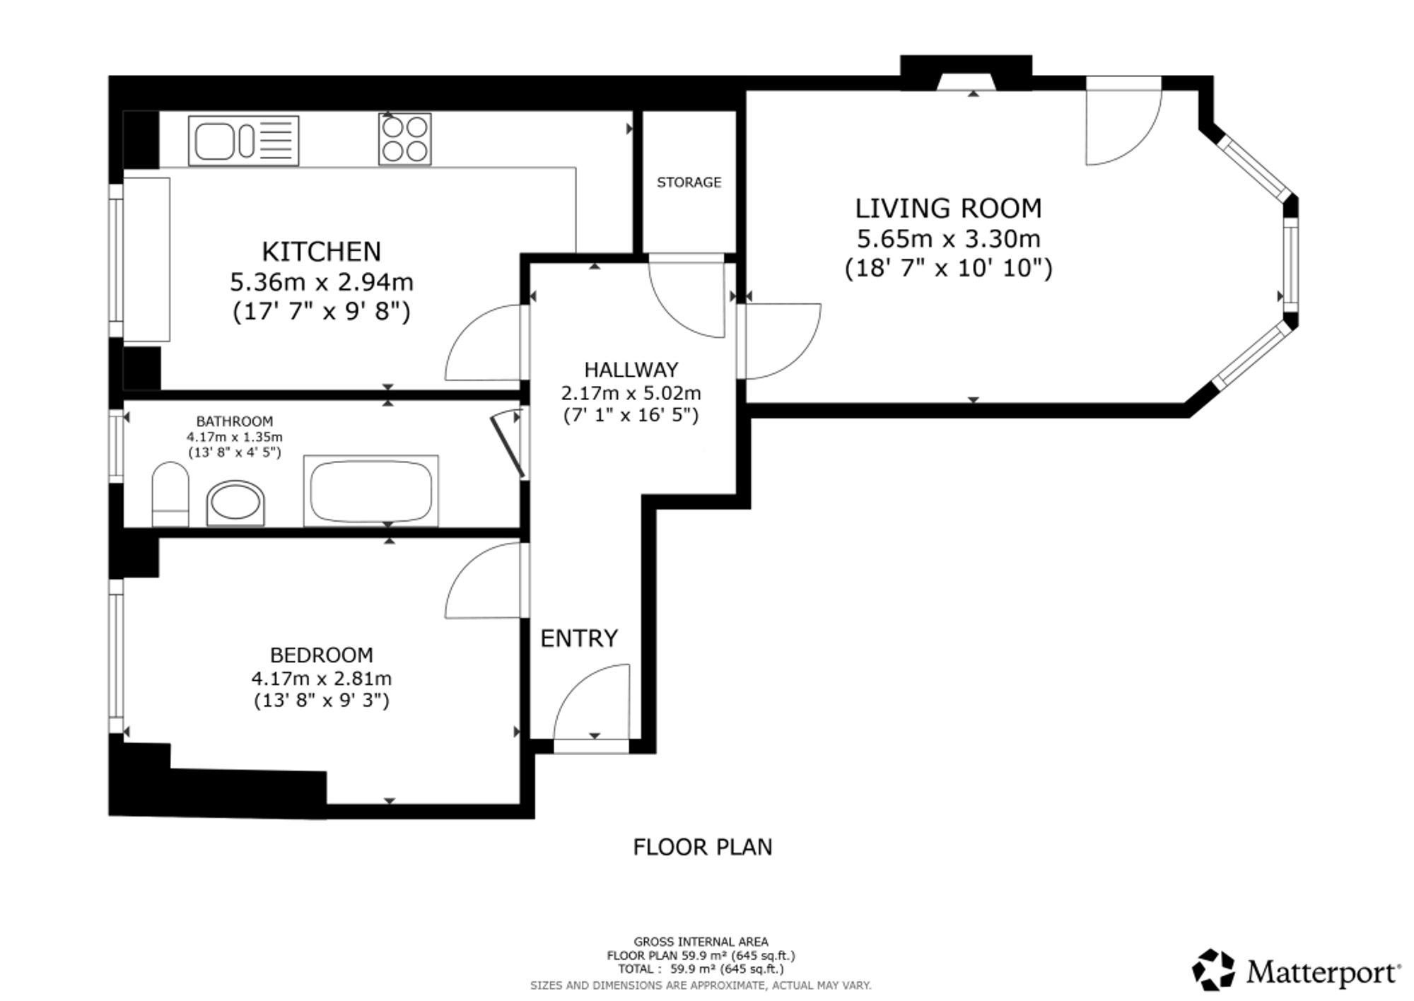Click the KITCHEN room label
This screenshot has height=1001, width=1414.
point(321,252)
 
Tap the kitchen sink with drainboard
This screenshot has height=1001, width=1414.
point(243,141)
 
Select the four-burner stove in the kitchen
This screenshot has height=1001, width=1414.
point(404,139)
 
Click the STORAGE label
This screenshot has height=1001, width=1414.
point(689,182)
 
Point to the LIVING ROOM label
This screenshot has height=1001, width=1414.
point(948,209)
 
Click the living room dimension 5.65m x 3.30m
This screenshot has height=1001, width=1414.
point(948,239)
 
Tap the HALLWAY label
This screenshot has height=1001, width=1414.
point(631,370)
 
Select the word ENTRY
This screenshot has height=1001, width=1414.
point(579,638)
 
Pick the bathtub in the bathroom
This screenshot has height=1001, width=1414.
point(371,491)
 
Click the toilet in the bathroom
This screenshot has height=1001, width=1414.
point(170,494)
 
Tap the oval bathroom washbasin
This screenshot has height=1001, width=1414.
point(235,503)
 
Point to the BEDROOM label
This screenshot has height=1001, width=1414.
point(322,655)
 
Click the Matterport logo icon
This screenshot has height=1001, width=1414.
point(1213,970)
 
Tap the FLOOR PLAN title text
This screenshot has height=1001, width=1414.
point(703,847)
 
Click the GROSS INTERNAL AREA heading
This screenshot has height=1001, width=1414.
point(701,942)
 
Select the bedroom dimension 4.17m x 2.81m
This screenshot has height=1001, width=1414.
point(322,679)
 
